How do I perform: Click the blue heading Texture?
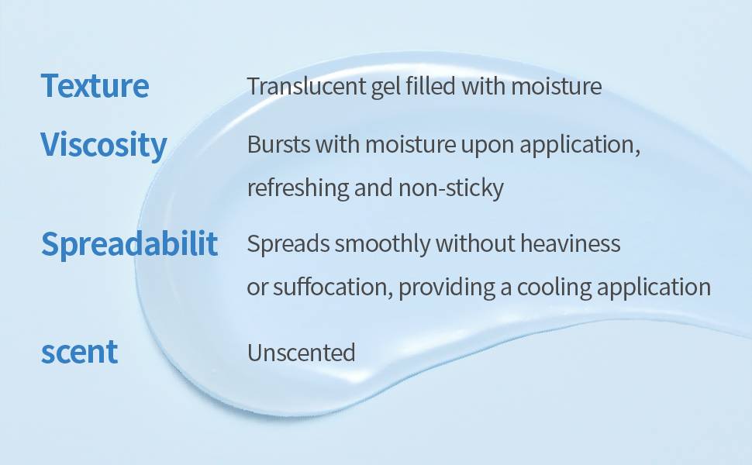coord(95,86)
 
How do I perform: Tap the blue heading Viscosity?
coord(104,145)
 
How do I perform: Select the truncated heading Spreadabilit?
coord(129,244)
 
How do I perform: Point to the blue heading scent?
coord(80,353)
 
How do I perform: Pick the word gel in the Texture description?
coord(386,88)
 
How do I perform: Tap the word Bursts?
coord(278,144)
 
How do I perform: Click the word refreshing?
coord(298,188)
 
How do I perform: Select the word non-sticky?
coord(451,188)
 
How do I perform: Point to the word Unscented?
coord(301,353)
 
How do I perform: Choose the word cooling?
coord(554,288)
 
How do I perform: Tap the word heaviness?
coord(571,243)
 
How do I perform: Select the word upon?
coord(488,145)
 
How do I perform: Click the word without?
coord(475,243)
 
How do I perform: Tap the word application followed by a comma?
coord(580,145)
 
